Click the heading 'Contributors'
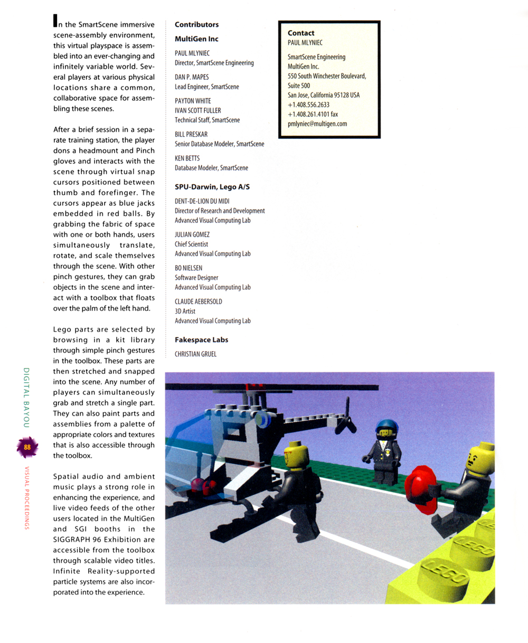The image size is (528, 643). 196,25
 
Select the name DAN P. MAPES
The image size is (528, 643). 192,77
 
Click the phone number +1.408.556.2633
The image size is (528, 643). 308,105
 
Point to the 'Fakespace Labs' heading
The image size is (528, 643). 201,340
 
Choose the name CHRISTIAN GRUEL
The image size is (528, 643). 195,354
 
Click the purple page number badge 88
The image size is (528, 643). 27,447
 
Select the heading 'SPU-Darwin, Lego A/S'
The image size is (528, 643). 212,187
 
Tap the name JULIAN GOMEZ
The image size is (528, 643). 192,234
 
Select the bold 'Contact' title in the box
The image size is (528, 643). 301,33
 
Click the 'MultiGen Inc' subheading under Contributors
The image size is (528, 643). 196,39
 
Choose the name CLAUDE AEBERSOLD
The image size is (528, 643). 199,301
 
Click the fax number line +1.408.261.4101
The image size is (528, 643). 313,114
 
